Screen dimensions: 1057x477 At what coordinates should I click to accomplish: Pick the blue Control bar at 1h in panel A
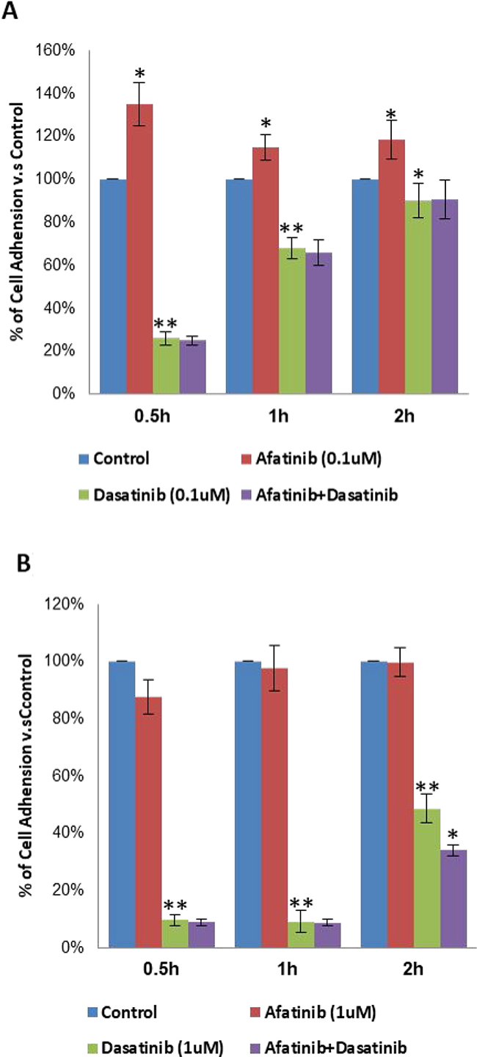239,286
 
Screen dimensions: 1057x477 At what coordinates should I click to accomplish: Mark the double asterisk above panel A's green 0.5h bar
166,323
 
